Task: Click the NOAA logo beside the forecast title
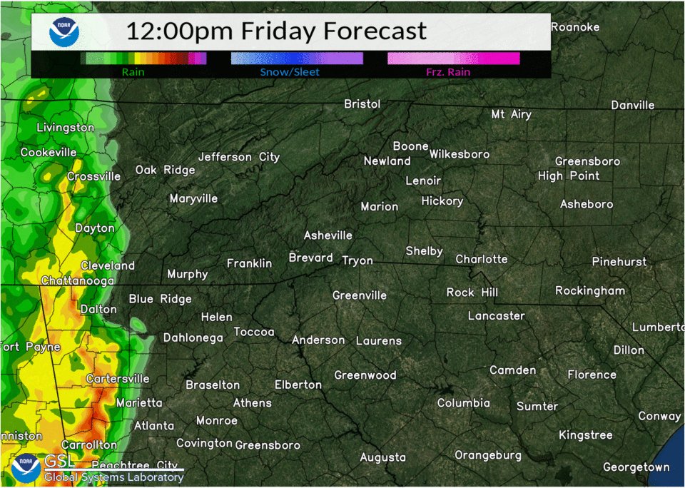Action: [x=64, y=32]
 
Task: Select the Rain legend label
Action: [x=132, y=72]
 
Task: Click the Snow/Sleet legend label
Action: [x=290, y=72]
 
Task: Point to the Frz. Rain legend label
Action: [x=448, y=72]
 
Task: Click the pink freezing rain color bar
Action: [x=453, y=59]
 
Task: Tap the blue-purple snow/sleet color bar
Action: [x=297, y=59]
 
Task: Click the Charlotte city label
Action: [x=482, y=259]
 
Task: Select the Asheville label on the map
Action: [x=328, y=235]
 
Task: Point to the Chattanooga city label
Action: [x=77, y=281]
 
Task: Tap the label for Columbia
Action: [x=464, y=403]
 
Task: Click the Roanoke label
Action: [x=575, y=27]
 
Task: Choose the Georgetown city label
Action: [x=636, y=467]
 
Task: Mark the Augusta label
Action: [x=382, y=457]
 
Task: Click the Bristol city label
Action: [x=362, y=104]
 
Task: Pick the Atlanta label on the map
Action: [x=154, y=426]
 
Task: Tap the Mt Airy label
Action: [x=512, y=114]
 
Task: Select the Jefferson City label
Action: [x=239, y=157]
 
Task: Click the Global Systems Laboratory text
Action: [x=113, y=477]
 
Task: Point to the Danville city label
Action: [x=633, y=105]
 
